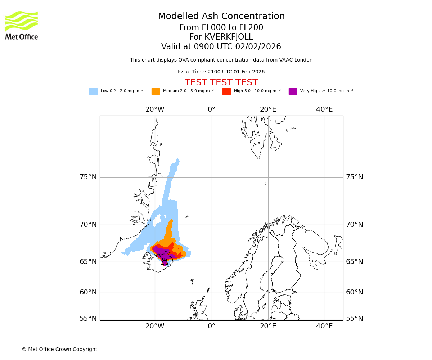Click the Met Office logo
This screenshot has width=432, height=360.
pos(22,25)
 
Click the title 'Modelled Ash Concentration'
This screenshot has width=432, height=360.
pos(221,17)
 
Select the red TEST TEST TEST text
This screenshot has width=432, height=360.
pos(221,83)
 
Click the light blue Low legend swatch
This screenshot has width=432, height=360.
pos(93,91)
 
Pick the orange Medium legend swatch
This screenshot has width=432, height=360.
pos(156,91)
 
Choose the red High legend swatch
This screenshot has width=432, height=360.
pos(226,91)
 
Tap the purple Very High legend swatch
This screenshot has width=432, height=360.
pos(293,91)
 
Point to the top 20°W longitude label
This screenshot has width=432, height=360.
pos(155,109)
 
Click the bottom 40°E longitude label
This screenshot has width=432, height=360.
pos(324,326)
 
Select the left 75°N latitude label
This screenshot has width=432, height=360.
pos(88,177)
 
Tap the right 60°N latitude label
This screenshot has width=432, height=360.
pos(354,292)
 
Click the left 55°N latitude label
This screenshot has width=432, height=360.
pos(88,319)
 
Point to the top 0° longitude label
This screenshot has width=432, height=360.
pos(211,109)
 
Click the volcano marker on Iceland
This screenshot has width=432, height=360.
pos(165,262)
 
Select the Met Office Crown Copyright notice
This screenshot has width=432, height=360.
pos(59,350)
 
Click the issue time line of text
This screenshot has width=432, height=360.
pos(221,72)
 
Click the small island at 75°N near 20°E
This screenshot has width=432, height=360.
pos(265,183)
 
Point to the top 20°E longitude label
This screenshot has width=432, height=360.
pos(268,109)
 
